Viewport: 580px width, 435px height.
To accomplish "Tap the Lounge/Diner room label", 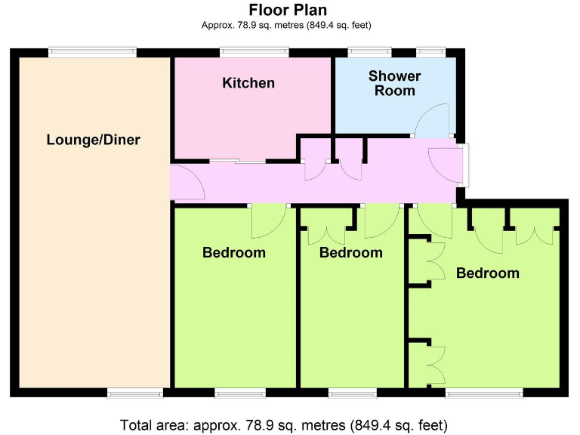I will (x=94, y=140).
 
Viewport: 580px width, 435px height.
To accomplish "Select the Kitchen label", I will (x=248, y=82).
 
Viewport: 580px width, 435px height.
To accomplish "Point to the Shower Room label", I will (x=394, y=83).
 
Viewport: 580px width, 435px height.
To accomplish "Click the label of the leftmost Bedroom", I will (x=234, y=252).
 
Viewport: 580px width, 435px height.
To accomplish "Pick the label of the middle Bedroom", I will (x=350, y=252).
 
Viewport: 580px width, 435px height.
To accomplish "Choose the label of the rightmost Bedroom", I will (x=488, y=273).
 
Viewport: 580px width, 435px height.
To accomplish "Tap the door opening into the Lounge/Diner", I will (x=187, y=183).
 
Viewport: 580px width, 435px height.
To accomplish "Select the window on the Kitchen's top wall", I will (x=254, y=52).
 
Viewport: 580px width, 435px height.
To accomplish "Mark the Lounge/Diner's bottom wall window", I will (x=134, y=393).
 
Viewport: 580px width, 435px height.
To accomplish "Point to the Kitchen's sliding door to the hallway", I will (x=238, y=160).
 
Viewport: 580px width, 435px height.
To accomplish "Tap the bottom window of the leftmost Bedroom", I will (x=240, y=393).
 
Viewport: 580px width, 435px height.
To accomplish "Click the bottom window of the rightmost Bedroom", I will (x=483, y=393).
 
